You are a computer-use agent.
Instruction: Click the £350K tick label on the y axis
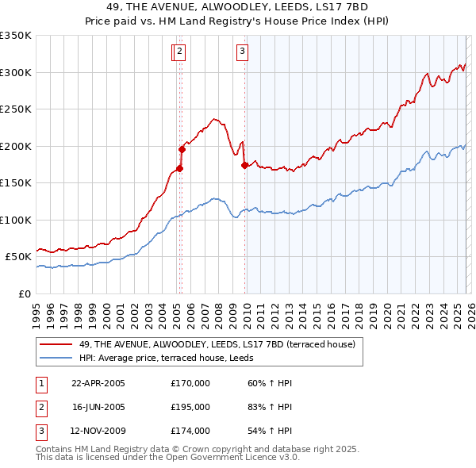coord(16,36)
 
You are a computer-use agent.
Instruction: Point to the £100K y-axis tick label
coord(16,220)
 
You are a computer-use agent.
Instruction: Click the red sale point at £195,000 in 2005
coord(182,148)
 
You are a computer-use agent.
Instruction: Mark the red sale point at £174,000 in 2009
coord(244,165)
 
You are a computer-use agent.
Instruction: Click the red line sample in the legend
coord(57,343)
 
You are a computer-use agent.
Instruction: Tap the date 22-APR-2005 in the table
coord(98,383)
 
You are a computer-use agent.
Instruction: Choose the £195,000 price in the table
coord(190,407)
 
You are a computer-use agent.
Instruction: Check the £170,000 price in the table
coord(190,383)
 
